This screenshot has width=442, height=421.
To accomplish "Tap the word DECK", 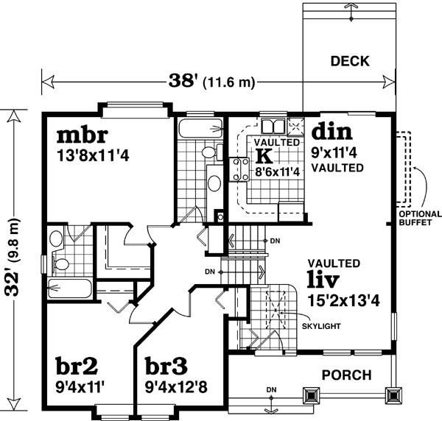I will click(349, 61).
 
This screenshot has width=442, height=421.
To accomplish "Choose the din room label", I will click(332, 132).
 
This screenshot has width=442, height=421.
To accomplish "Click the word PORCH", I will click(346, 375).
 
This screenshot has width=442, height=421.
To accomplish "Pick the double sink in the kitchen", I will click(273, 124).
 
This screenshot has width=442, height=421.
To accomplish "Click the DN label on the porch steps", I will click(270, 389).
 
